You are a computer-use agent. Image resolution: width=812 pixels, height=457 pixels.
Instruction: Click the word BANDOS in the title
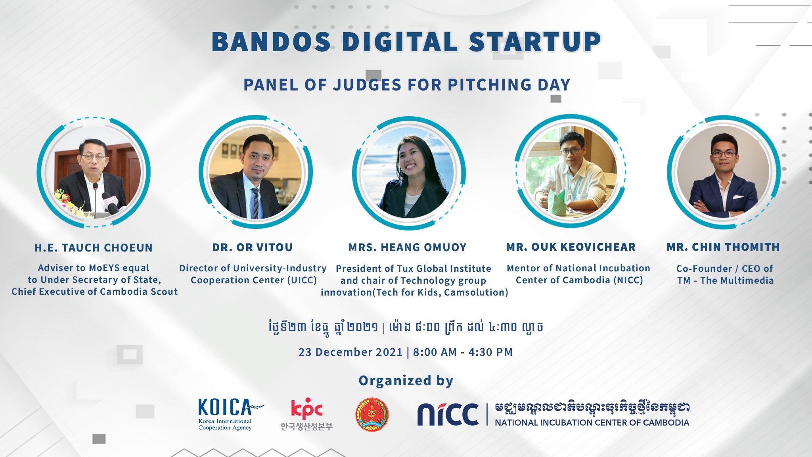point(272,42)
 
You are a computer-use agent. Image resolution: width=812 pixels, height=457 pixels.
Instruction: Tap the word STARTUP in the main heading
point(535,42)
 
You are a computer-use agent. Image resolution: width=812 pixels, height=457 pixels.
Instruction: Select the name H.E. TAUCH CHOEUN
point(94,248)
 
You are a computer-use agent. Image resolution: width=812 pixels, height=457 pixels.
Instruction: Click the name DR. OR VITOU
point(253,248)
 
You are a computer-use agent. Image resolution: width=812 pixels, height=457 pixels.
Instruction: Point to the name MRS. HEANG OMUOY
point(408,248)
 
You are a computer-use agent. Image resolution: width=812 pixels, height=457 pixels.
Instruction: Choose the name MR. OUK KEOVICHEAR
point(571,247)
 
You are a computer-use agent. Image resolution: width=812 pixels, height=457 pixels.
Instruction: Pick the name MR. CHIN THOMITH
point(723,247)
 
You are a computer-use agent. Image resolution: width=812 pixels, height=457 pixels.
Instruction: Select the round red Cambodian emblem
point(372,415)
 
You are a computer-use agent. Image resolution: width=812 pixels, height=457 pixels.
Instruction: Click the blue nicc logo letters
point(448,414)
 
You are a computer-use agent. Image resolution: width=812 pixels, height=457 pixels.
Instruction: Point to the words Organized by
point(406,381)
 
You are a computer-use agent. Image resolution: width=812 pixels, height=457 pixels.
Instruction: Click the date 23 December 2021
point(350,352)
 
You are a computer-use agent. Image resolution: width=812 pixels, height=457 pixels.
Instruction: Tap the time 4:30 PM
point(490,352)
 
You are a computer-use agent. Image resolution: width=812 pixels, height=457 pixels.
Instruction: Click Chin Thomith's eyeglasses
point(724,154)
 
